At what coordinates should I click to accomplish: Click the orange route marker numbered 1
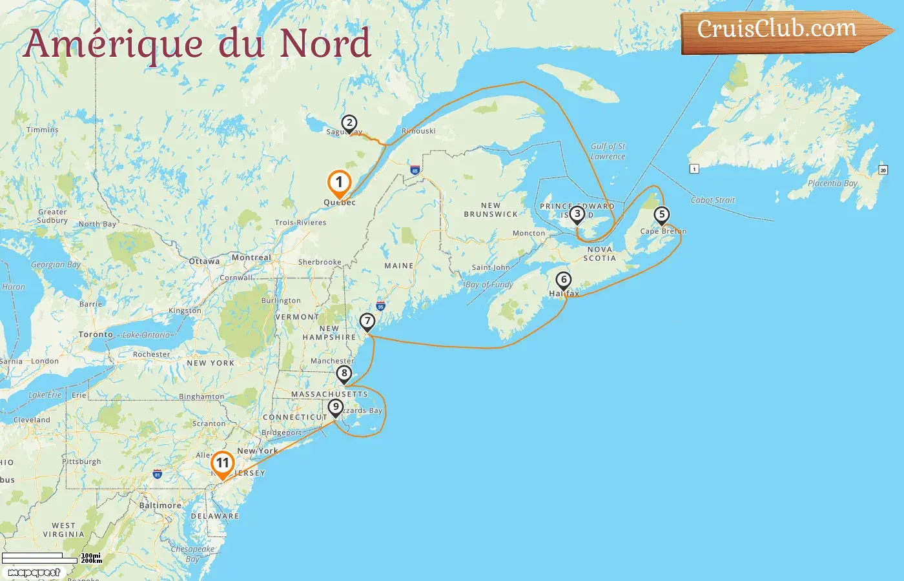pos(339,183)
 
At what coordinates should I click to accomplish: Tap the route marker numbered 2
pos(349,123)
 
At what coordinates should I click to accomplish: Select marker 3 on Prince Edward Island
pos(577,214)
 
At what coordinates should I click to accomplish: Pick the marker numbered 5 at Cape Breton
pos(661,214)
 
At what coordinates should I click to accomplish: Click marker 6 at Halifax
pos(564,280)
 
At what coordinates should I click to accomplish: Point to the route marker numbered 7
pos(367,321)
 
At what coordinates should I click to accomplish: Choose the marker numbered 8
pos(344,373)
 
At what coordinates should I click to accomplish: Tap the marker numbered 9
pos(335,407)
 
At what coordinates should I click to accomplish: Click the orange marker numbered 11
pos(222,464)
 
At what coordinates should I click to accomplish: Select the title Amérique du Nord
pos(197,44)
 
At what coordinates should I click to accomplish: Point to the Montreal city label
pos(251,258)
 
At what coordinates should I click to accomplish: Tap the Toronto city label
pos(96,334)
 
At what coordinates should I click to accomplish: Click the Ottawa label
pos(205,261)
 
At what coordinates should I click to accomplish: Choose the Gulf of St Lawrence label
pos(608,151)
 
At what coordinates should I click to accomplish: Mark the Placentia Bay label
pos(832,183)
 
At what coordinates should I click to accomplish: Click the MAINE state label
pos(398,266)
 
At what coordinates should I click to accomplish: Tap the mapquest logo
pos(34,572)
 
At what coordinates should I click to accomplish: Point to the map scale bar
pos(40,558)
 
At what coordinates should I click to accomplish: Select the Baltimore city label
pos(160,505)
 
